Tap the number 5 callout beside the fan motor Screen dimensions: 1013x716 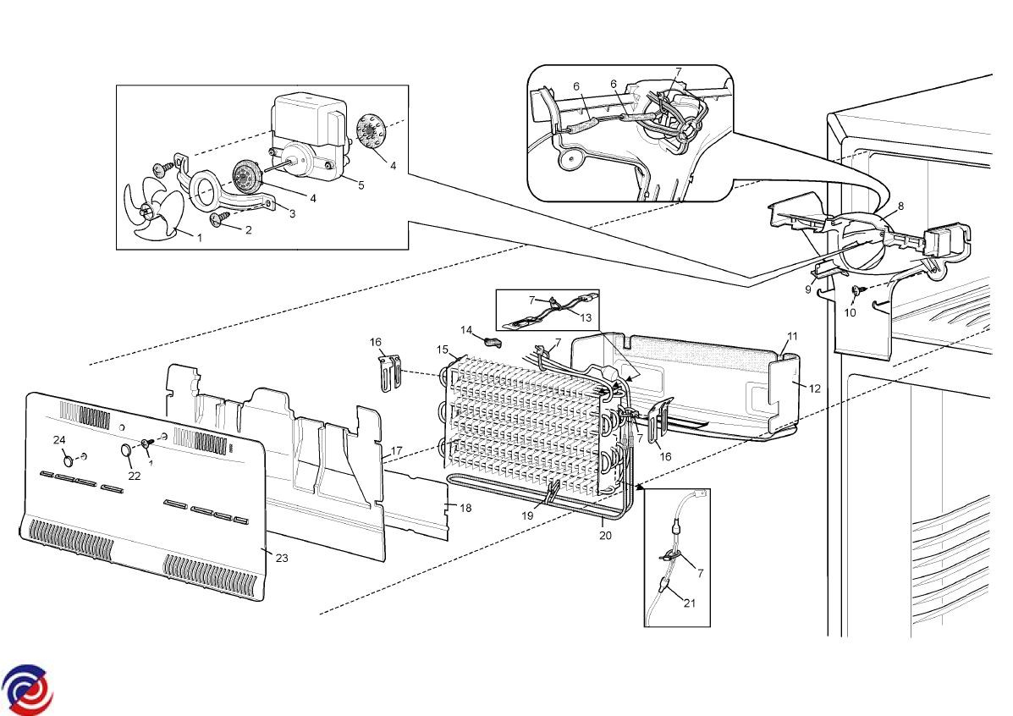(x=361, y=185)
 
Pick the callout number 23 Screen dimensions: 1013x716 (x=282, y=558)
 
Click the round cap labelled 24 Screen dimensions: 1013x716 (x=68, y=460)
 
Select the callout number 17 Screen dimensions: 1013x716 (x=397, y=450)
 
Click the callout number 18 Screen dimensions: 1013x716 (x=465, y=508)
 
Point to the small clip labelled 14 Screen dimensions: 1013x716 (x=493, y=340)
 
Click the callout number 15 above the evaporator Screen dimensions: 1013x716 (x=442, y=350)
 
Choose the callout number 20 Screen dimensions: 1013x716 (x=605, y=535)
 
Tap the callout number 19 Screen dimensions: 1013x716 (x=528, y=515)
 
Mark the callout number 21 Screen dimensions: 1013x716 (x=690, y=603)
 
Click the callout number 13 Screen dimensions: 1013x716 (x=586, y=317)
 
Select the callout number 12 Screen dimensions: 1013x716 (x=815, y=388)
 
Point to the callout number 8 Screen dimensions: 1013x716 (x=900, y=207)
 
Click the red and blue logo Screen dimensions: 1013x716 (x=27, y=689)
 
